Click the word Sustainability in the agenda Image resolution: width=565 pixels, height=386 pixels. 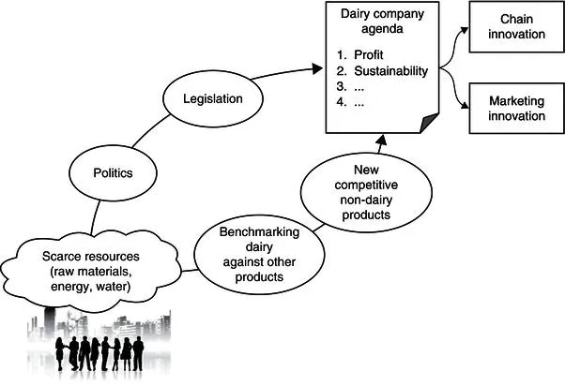(x=391, y=71)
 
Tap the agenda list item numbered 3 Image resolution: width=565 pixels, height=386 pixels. (x=357, y=87)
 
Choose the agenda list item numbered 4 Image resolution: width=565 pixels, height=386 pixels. (x=357, y=103)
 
